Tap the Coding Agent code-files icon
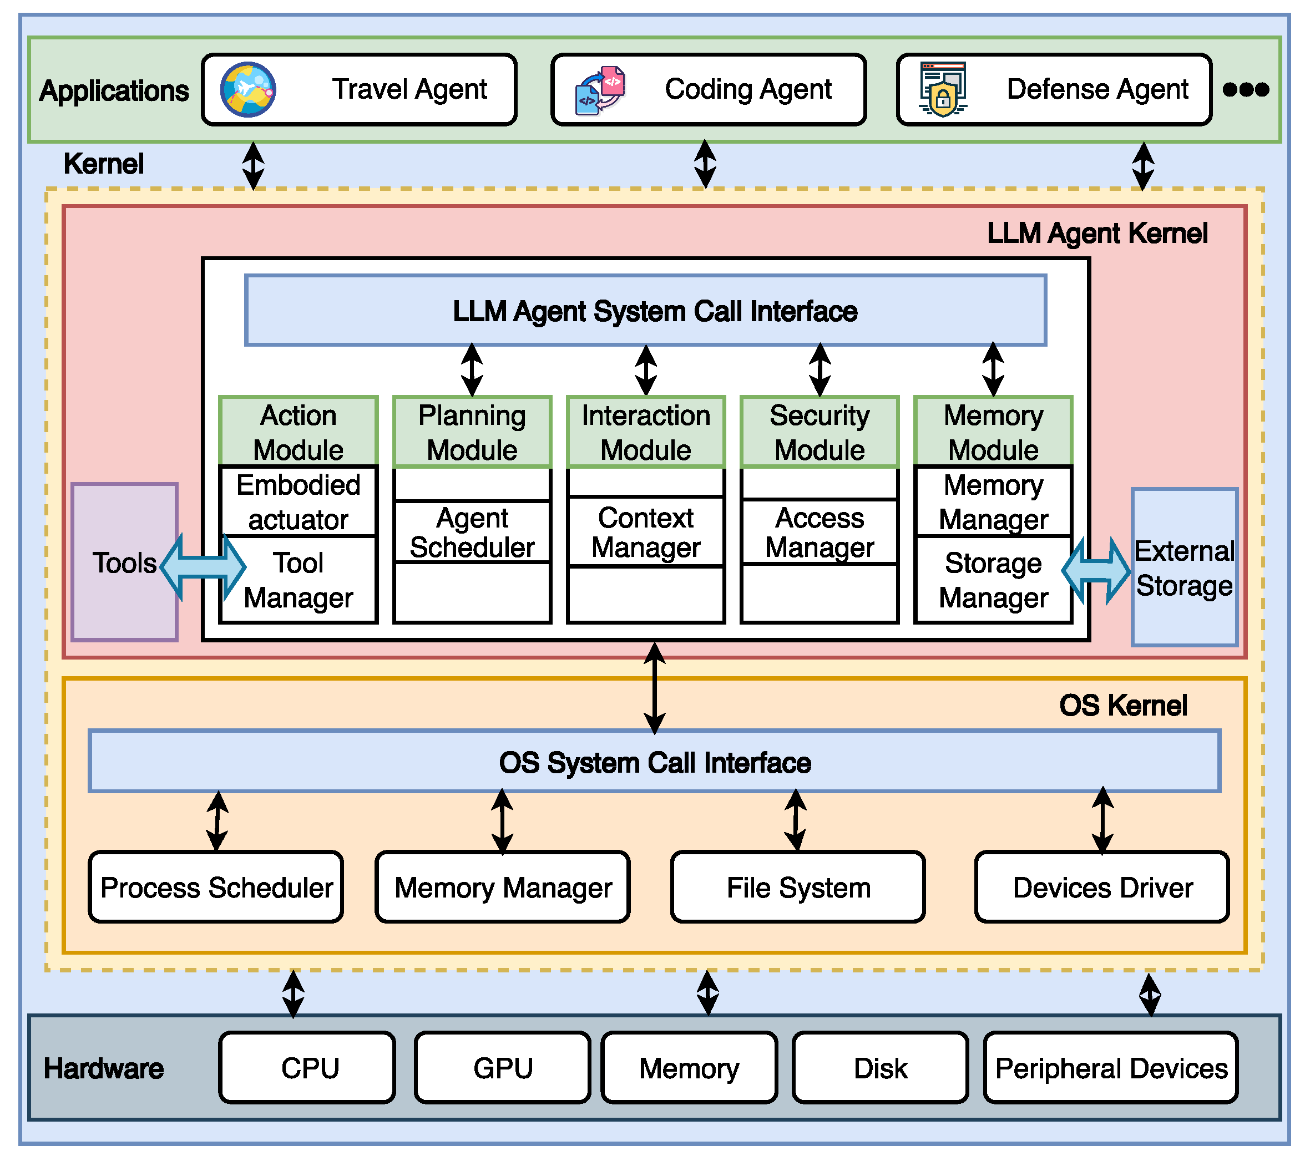600,90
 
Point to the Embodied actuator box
299,501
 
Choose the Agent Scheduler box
472,532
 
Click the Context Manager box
645,532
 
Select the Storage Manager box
993,580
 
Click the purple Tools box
124,562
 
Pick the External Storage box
1184,568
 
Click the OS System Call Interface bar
655,762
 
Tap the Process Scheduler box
216,887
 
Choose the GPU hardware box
503,1068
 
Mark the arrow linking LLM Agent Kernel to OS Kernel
655,688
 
